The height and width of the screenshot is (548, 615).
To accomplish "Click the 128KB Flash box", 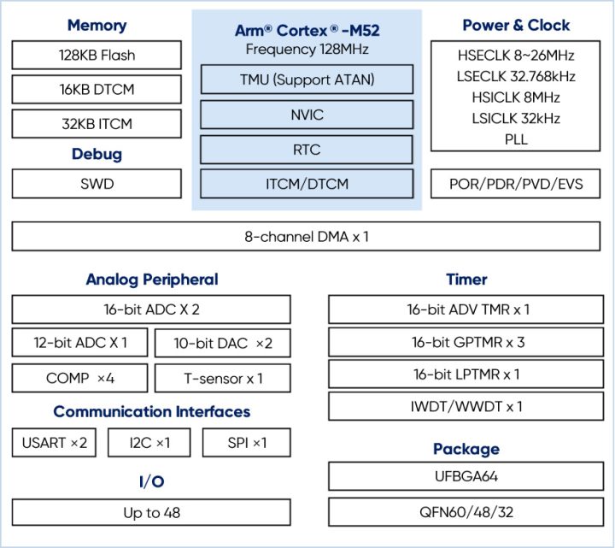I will tap(97, 56).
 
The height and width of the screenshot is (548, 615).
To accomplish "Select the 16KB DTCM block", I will tap(97, 90).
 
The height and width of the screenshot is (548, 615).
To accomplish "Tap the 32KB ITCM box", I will tap(97, 124).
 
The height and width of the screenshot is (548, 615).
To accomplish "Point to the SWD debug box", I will tap(97, 184).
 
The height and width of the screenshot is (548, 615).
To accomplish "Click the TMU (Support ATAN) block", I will tap(307, 80).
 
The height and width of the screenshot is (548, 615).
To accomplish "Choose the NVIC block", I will tap(307, 115).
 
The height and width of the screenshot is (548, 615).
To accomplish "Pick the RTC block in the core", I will tap(307, 150).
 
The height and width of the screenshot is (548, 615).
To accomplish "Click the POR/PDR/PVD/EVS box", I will tap(516, 184).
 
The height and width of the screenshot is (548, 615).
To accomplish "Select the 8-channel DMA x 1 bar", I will tap(307, 236).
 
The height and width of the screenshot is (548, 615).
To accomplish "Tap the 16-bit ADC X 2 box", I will tap(150, 309).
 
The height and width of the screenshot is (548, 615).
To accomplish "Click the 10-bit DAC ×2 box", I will tap(222, 344).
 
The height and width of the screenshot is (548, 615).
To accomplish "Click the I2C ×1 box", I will tap(150, 443).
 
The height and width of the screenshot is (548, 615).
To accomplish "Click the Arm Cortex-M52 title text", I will tap(307, 31).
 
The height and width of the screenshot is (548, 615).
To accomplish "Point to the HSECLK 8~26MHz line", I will tap(516, 56).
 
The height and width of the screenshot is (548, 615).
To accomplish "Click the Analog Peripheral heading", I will tap(151, 280).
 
